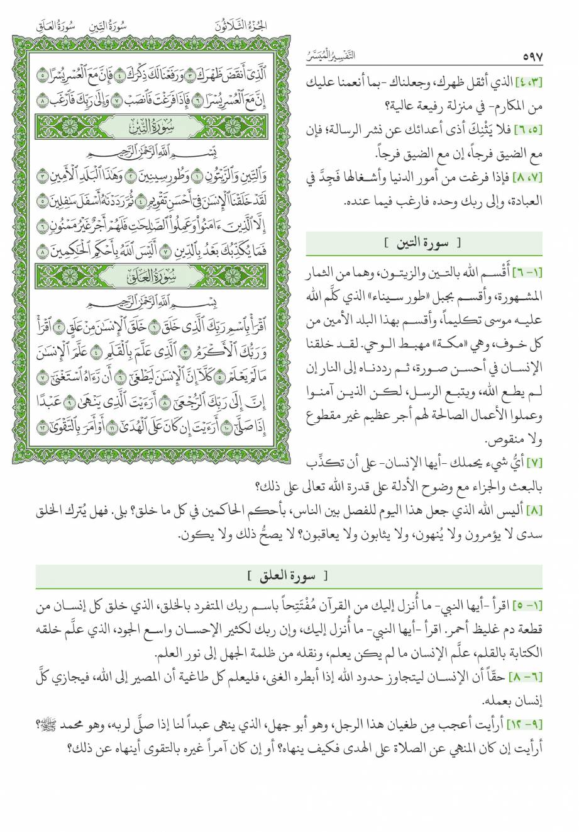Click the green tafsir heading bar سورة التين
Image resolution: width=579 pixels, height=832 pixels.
pyautogui.click(x=423, y=242)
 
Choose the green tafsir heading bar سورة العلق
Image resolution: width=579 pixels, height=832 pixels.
pyautogui.click(x=289, y=575)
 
